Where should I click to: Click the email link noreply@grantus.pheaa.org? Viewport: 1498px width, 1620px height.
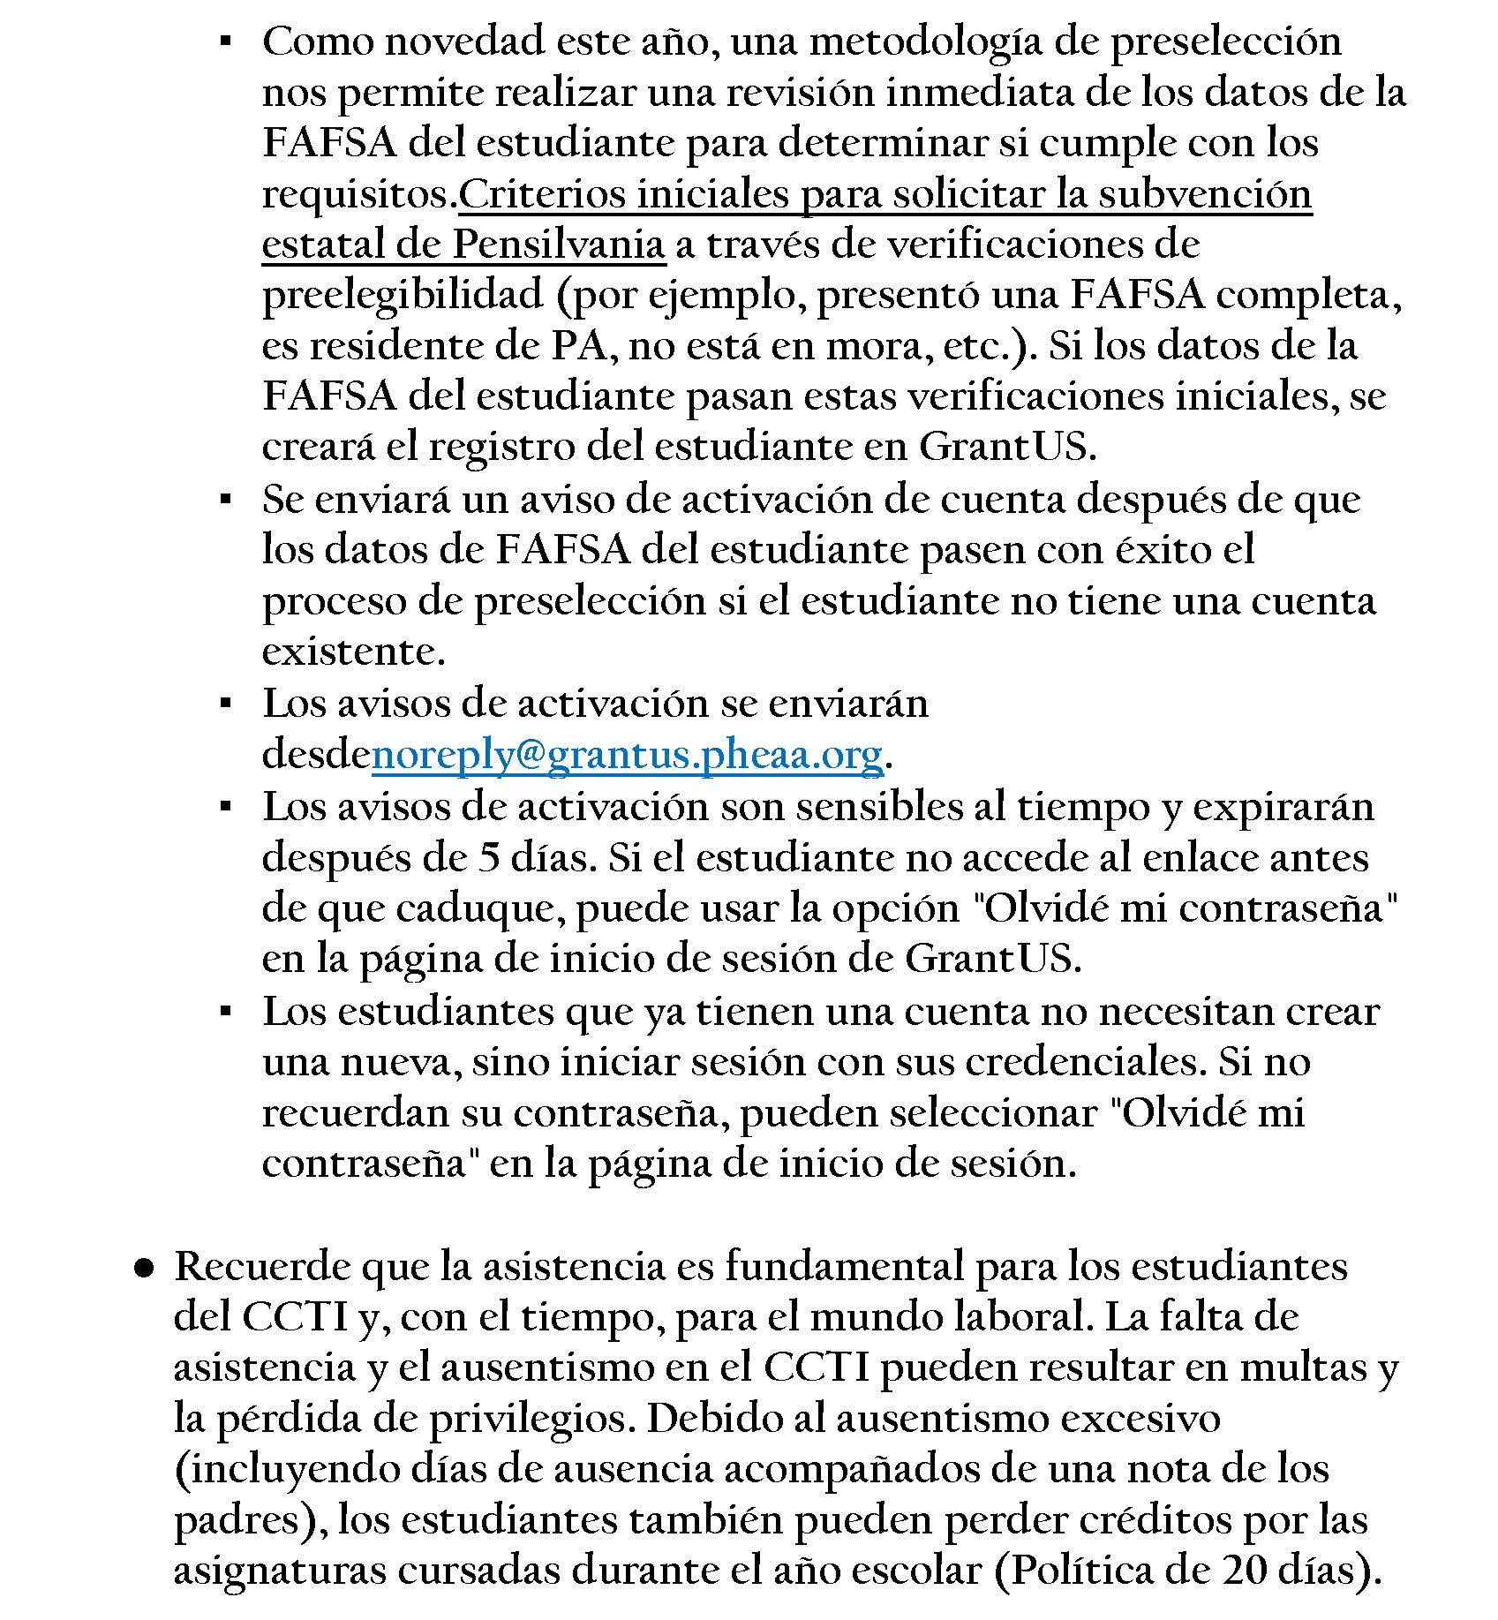pos(628,756)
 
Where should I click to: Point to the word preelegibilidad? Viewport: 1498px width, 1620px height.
pos(403,295)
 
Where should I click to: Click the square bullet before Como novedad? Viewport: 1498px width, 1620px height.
pos(226,41)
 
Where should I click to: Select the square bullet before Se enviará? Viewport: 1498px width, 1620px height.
pos(226,501)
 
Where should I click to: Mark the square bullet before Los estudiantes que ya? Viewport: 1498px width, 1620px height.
pos(226,1012)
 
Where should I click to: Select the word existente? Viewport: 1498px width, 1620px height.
pos(352,652)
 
